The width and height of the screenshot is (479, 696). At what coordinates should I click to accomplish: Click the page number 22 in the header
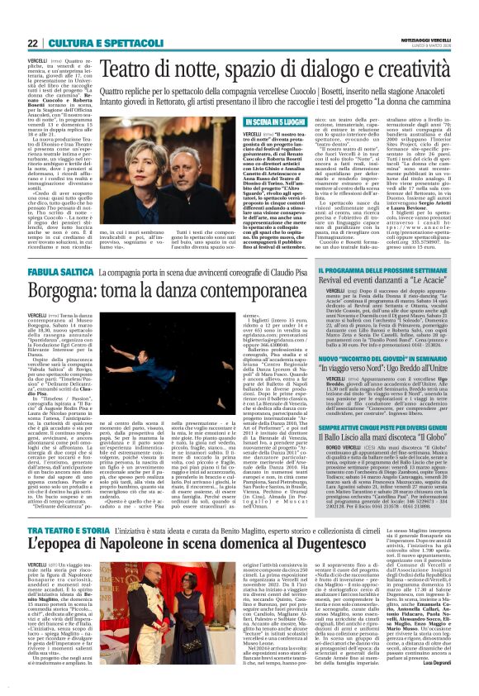pyautogui.click(x=32, y=42)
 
